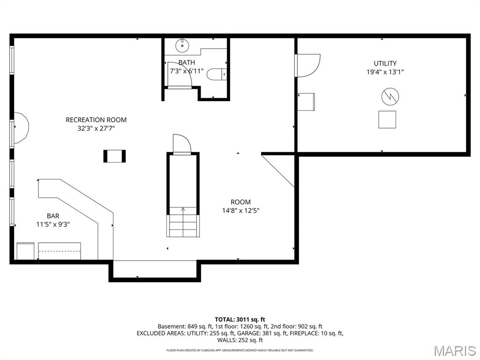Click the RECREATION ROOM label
coord(96,120)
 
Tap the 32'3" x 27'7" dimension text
coord(96,128)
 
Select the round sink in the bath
coord(181,45)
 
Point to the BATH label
coord(187,62)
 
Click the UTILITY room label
coord(385,63)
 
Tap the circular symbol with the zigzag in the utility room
coord(390,97)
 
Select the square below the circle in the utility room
coord(387,119)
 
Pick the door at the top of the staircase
coord(182,144)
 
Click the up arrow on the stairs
coord(183,210)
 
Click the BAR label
coord(53,216)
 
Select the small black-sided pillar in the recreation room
coord(114,156)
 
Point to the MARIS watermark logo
coord(454,350)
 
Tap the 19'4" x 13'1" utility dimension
coord(385,72)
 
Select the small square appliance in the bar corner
coord(25,251)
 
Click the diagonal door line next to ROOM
coord(278,171)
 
